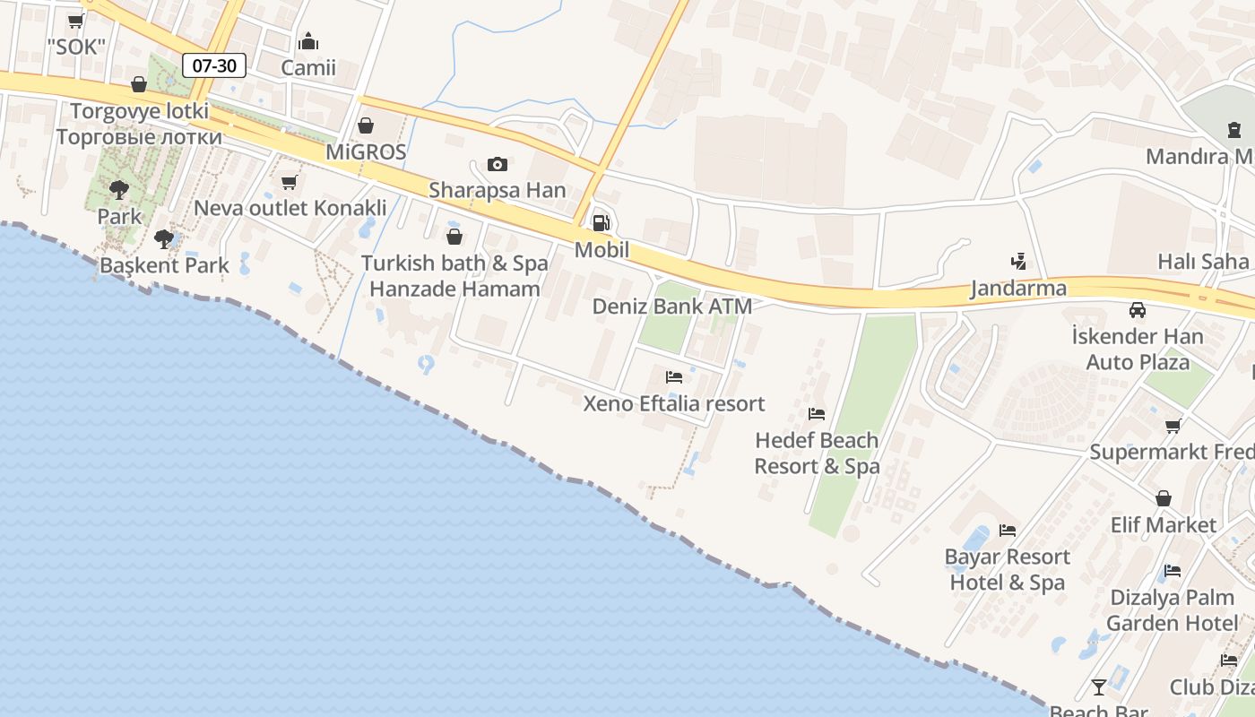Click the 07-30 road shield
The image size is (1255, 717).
point(213,65)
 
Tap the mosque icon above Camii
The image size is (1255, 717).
point(308,42)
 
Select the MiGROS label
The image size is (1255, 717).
point(366,151)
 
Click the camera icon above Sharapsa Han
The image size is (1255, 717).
point(497,164)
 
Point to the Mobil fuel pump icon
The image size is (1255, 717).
point(602,223)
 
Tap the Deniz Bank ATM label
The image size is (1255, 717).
point(671,307)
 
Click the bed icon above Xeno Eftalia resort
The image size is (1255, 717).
point(674,377)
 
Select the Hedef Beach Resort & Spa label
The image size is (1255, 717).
point(817,454)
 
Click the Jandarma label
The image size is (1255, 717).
point(1018,289)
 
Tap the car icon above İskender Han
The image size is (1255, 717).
point(1137,310)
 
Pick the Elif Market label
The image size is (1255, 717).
point(1164,525)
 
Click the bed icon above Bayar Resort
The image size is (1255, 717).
point(1008,530)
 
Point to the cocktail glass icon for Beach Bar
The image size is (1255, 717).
point(1098,687)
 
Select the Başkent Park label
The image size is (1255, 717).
point(164,265)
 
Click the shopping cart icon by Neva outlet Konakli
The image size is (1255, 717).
point(289,183)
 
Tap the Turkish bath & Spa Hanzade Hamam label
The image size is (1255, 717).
point(454,276)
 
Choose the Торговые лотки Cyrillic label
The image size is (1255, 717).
point(139,137)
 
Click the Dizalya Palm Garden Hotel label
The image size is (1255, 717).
point(1173,610)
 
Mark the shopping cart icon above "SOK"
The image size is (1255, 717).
point(76,21)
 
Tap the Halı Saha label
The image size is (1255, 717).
point(1203,261)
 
